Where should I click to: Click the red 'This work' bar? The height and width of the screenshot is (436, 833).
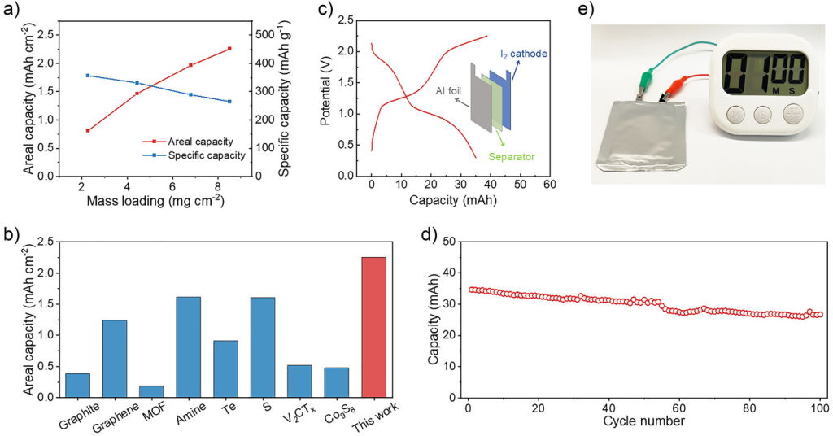pyautogui.click(x=373, y=326)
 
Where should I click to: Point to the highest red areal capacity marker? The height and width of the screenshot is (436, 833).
pyautogui.click(x=229, y=49)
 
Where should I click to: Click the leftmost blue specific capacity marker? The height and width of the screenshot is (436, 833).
pyautogui.click(x=87, y=76)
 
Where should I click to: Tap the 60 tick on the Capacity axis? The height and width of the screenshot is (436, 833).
pyautogui.click(x=549, y=185)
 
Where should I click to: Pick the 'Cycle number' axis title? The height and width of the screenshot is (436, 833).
pyautogui.click(x=644, y=421)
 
